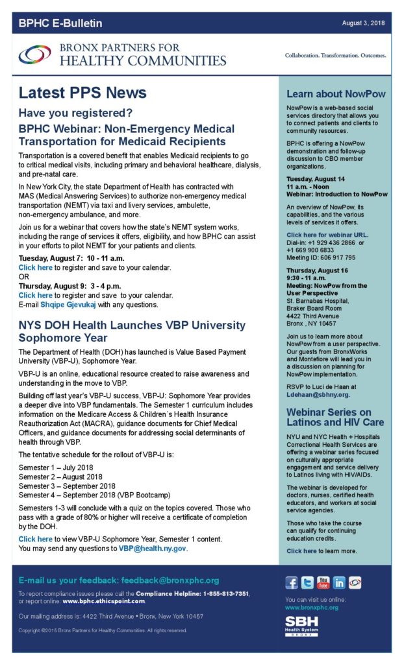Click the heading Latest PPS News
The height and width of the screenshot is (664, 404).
click(x=82, y=93)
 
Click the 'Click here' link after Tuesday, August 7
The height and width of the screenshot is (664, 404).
click(x=35, y=267)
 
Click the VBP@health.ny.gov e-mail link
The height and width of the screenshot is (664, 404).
click(x=153, y=549)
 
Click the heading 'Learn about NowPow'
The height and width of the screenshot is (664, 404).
click(x=336, y=94)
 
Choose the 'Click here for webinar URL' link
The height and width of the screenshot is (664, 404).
click(x=327, y=234)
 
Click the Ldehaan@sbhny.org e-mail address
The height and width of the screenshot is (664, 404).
click(x=318, y=394)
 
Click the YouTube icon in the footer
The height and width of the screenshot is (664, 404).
click(x=323, y=582)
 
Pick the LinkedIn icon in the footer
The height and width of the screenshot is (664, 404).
click(x=338, y=582)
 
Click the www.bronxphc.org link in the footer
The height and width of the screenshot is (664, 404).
click(x=312, y=608)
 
